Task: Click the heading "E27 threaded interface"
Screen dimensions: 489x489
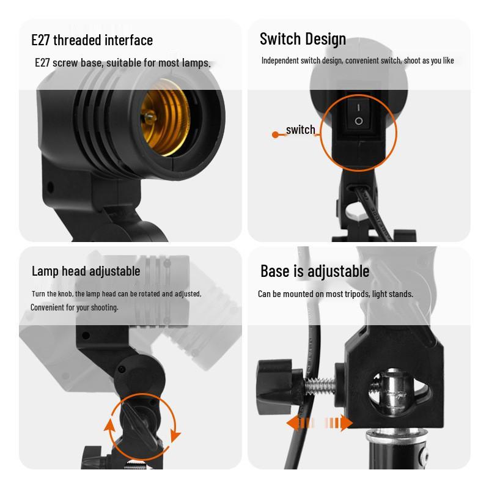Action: tap(92, 40)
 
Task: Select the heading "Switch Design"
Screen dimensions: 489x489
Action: tap(303, 39)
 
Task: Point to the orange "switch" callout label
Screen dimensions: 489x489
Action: tap(300, 130)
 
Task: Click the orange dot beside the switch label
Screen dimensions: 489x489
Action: tap(275, 134)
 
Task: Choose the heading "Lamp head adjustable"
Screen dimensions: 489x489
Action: tap(86, 271)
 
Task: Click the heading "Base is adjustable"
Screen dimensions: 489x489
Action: tap(315, 271)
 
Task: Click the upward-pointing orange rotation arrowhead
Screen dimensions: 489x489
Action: tap(111, 426)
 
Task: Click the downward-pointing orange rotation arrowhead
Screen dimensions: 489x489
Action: tap(176, 435)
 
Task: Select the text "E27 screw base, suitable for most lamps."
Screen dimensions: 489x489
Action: tap(122, 63)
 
